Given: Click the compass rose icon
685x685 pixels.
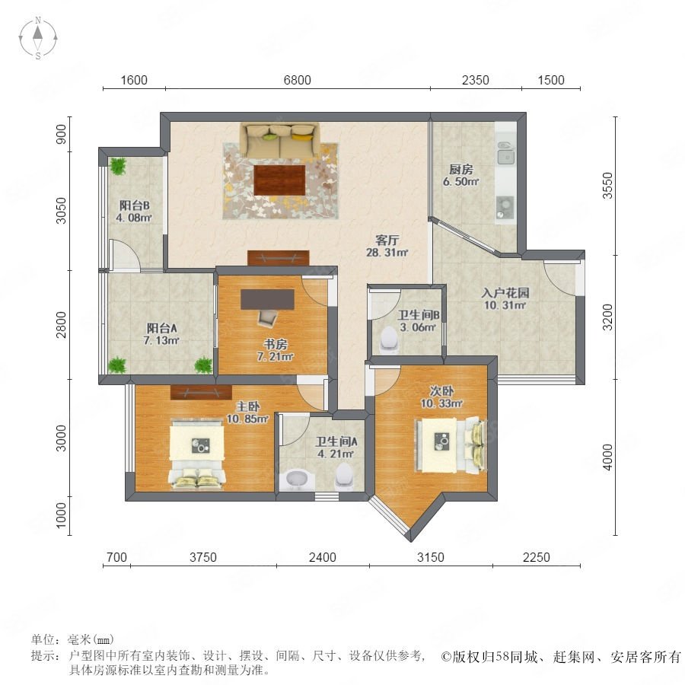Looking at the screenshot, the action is pyautogui.click(x=38, y=37).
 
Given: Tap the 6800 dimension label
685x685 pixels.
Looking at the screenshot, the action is pyautogui.click(x=297, y=80).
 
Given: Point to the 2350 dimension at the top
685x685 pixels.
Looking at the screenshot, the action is pyautogui.click(x=475, y=80).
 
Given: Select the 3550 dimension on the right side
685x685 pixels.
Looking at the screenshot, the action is pyautogui.click(x=607, y=186).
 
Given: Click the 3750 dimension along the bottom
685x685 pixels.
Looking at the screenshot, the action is pyautogui.click(x=203, y=557).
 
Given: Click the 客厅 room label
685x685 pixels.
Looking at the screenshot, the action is pyautogui.click(x=387, y=240).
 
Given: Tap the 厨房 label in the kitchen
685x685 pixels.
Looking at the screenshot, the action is pyautogui.click(x=461, y=169).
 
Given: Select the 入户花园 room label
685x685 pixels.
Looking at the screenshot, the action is pyautogui.click(x=505, y=292).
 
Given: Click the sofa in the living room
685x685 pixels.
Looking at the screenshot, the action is pyautogui.click(x=279, y=141).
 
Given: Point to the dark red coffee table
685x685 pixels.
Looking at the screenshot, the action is pyautogui.click(x=279, y=180).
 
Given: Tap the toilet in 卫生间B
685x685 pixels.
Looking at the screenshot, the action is pyautogui.click(x=389, y=339).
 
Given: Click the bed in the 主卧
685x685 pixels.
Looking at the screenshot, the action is pyautogui.click(x=197, y=453).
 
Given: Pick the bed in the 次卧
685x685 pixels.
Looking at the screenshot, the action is pyautogui.click(x=451, y=445).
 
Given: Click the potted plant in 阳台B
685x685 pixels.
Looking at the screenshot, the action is pyautogui.click(x=117, y=166).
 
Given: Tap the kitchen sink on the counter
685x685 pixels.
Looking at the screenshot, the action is pyautogui.click(x=506, y=151).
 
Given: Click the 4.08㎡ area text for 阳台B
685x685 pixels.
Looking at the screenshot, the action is pyautogui.click(x=134, y=217).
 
